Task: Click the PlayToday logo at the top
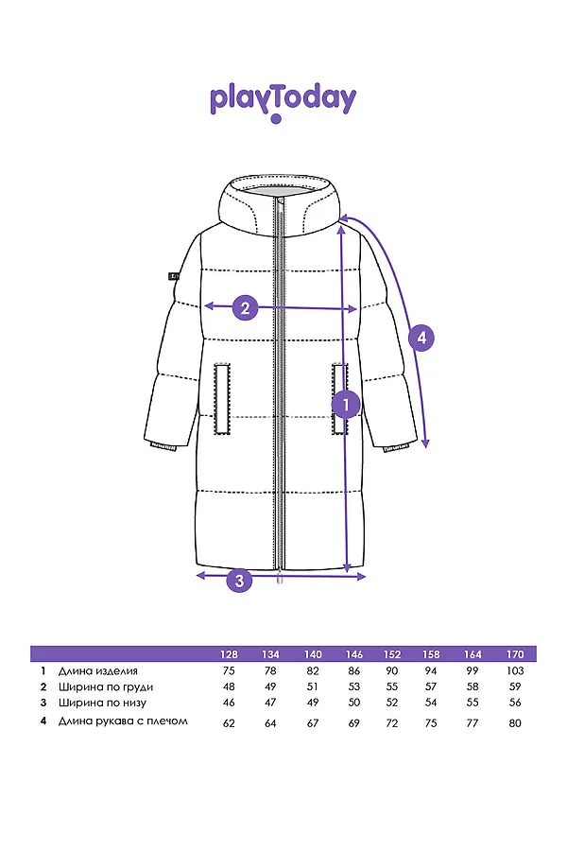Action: [x=283, y=103]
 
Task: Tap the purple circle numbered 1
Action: [x=346, y=404]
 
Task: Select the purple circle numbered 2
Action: [x=246, y=307]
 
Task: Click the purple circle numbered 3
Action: [x=239, y=581]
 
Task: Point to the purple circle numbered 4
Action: [x=421, y=339]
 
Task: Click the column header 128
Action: [x=229, y=654]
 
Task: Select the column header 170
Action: [x=515, y=654]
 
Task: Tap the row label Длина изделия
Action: [x=98, y=670]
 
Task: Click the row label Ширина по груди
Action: [x=106, y=687]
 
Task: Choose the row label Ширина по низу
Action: [x=103, y=703]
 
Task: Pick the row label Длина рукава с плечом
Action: [x=123, y=721]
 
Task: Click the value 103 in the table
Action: [x=515, y=670]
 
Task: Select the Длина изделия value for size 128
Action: [x=229, y=670]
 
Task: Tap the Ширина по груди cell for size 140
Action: [x=313, y=686]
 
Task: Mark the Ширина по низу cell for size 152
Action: [x=392, y=703]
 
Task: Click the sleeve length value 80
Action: [x=515, y=723]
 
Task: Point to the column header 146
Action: [x=353, y=654]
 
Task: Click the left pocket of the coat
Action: [x=222, y=399]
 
